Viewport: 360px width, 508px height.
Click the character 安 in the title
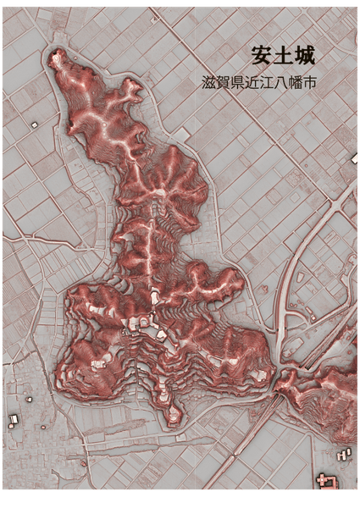click(x=262, y=56)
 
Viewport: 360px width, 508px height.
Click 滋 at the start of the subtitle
click(x=210, y=84)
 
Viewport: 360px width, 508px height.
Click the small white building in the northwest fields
click(x=35, y=124)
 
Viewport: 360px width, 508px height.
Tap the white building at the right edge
click(x=355, y=158)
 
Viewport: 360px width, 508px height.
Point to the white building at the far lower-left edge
click(x=14, y=419)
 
